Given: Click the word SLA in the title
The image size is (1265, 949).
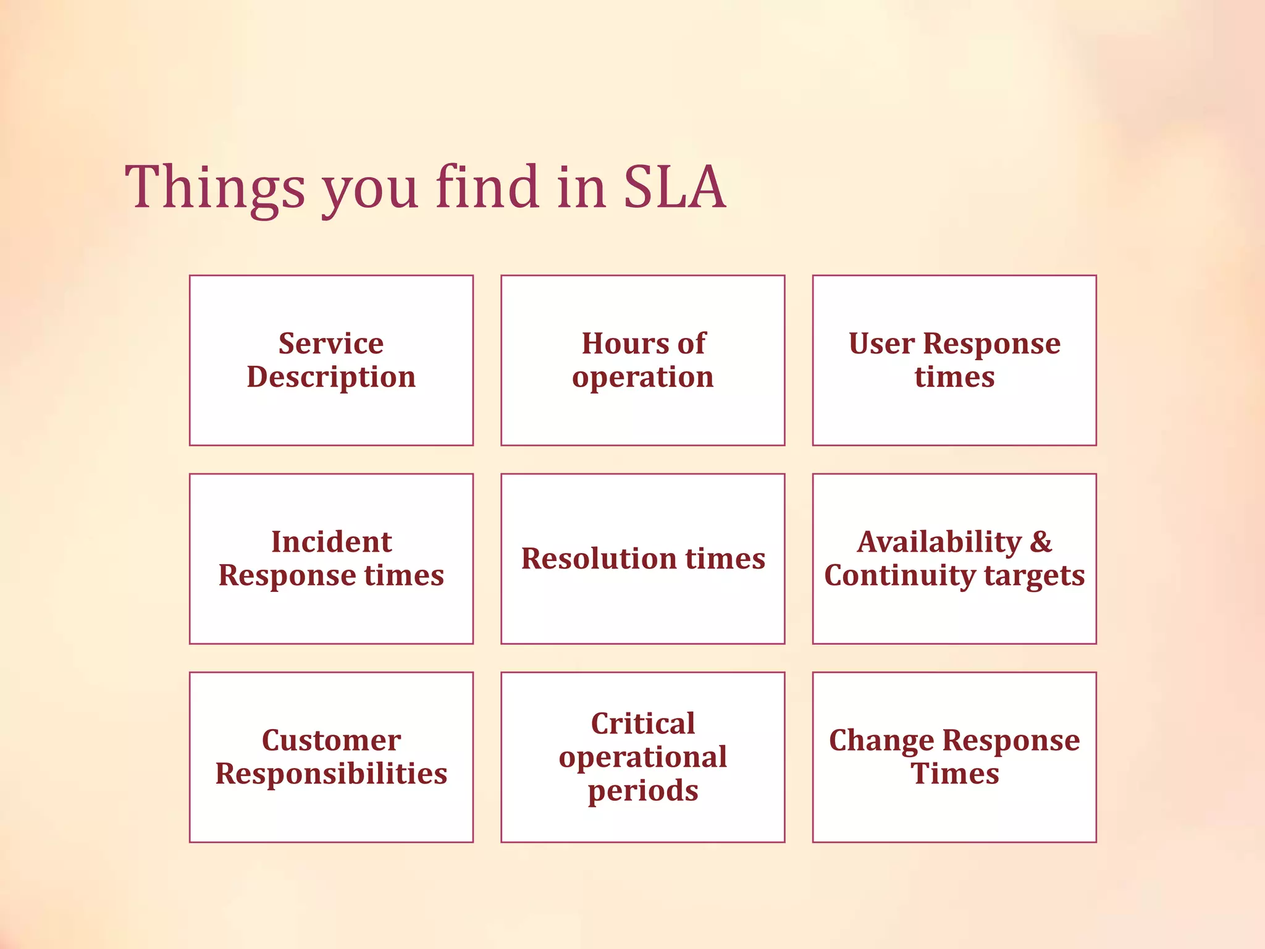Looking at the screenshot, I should pos(674,187).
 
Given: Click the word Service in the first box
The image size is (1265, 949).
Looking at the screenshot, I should pos(331,344).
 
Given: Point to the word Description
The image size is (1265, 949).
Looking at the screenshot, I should pos(331,377).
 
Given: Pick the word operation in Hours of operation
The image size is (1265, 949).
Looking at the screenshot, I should pos(642,377).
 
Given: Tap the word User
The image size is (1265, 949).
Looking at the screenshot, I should pos(881,344).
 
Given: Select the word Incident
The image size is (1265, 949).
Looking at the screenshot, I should pos(331,542).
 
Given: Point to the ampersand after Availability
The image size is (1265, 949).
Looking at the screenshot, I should pos(1041,542).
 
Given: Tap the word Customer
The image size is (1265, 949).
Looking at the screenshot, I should pos(331,740).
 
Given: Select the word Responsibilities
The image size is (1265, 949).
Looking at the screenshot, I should pos(331,774).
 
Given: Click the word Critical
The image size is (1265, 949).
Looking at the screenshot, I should pos(642,723).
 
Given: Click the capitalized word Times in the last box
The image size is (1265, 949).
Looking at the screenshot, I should pos(954,774).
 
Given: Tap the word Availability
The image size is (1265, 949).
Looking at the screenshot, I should pos(939,542).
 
